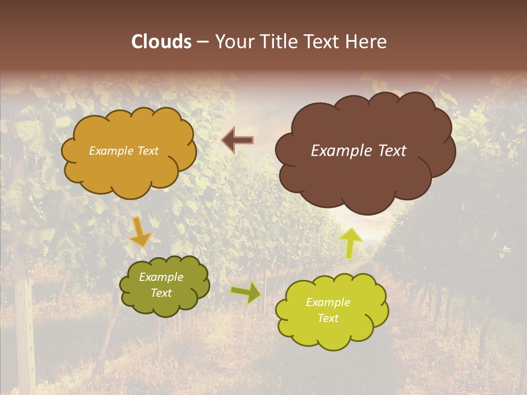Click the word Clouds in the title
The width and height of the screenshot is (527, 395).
[x=161, y=42]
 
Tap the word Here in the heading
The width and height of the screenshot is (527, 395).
[x=367, y=42]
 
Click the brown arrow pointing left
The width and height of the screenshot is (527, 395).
[x=237, y=140]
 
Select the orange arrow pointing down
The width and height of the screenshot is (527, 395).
[x=140, y=232]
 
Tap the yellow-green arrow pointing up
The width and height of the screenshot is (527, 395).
[x=351, y=242]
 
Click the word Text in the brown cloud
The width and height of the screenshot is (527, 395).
[x=391, y=151]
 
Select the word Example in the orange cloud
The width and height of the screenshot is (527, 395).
[x=111, y=151]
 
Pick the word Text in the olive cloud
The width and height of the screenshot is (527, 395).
[x=161, y=293]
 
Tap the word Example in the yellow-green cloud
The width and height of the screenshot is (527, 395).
[x=328, y=302]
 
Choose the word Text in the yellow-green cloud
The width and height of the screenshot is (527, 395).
[x=328, y=318]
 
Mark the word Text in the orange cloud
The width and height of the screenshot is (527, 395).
[x=147, y=151]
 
